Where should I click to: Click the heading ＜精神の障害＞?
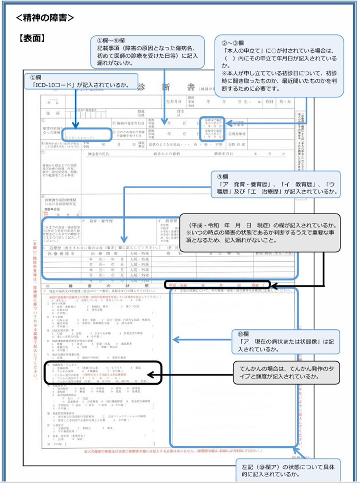click(45, 18)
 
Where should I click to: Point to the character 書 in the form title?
click(187, 87)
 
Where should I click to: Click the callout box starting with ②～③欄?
click(279, 66)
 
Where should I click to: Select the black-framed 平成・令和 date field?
click(217, 285)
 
